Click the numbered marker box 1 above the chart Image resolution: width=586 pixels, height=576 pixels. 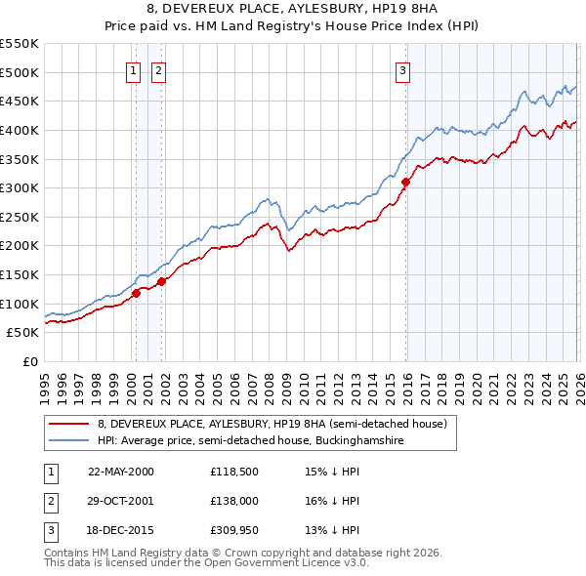tap(132, 69)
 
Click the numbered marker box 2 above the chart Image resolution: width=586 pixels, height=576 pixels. tap(158, 69)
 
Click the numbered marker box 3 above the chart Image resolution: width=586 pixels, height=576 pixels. tap(401, 69)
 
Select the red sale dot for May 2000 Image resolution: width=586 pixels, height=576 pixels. tap(137, 292)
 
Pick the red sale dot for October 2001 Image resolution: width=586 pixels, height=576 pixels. tap(161, 281)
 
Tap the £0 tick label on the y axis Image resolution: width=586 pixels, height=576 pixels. tap(28, 361)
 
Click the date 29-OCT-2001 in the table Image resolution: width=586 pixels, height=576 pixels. tap(120, 501)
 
